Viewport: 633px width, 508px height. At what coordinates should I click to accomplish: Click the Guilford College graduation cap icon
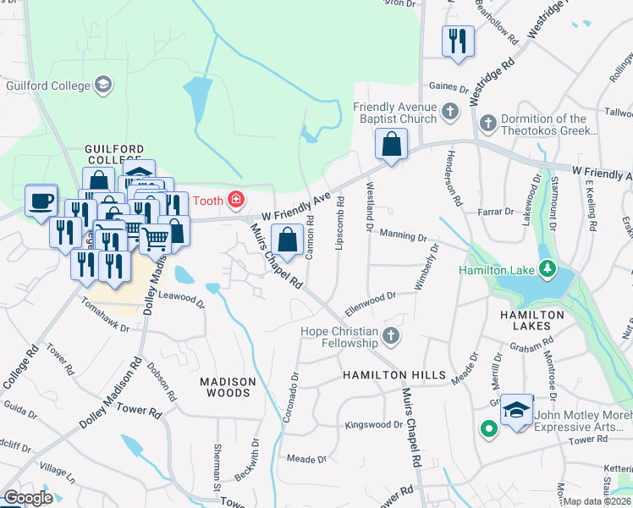(x=103, y=85)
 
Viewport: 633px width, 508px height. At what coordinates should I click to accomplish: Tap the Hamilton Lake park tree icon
(x=548, y=270)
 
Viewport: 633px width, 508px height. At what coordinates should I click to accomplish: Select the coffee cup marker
(x=41, y=202)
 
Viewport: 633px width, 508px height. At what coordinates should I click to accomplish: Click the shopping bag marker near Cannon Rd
(x=288, y=240)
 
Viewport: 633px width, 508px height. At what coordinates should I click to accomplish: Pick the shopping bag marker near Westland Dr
(x=391, y=144)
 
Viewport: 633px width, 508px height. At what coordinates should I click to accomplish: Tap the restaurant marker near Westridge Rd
(x=458, y=40)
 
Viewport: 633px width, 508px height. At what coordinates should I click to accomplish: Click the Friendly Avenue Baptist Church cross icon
(x=450, y=111)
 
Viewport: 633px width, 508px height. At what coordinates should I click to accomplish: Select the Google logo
(x=27, y=498)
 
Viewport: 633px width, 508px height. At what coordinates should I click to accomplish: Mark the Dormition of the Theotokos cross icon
(x=487, y=124)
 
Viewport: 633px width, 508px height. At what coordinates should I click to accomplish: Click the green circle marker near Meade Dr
(x=488, y=429)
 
